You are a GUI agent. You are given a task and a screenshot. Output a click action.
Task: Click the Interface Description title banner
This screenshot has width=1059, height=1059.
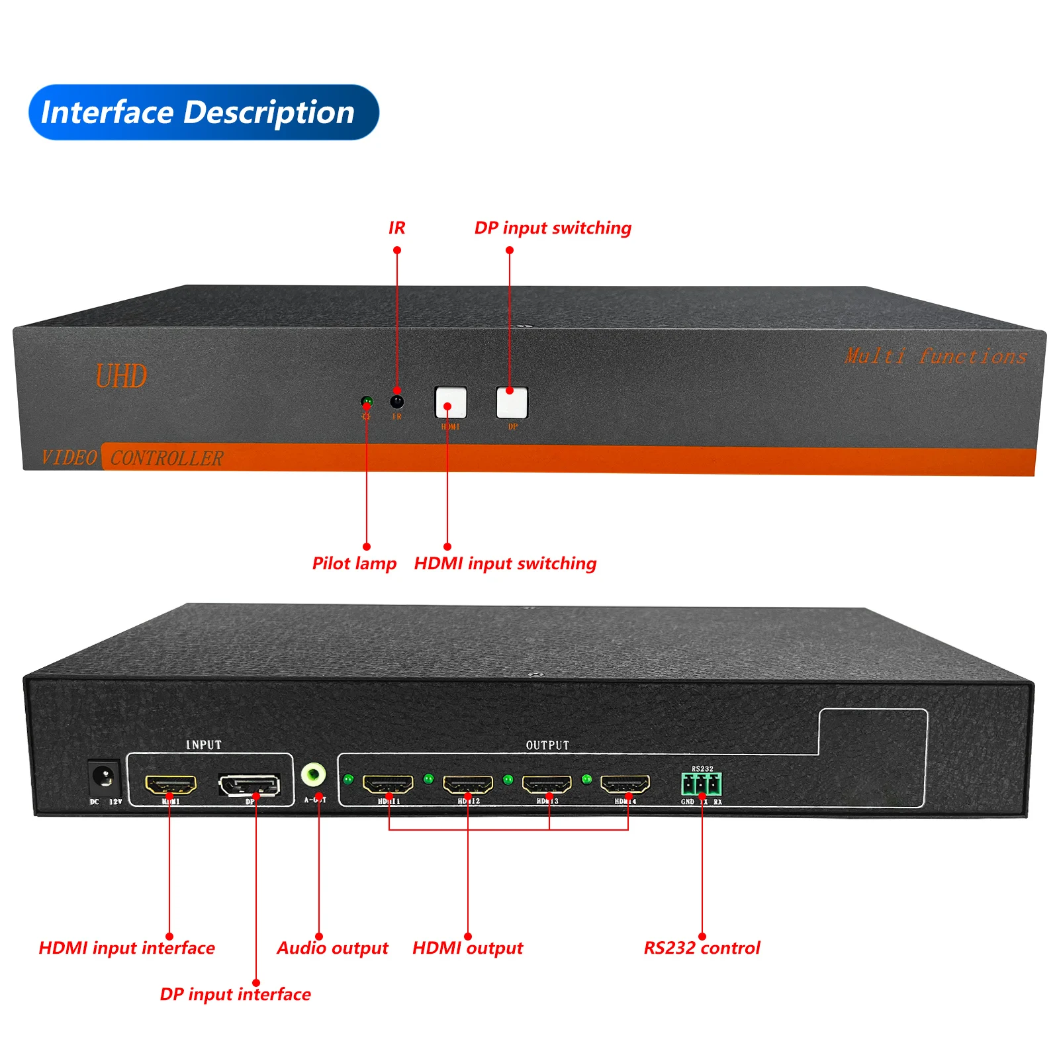203,112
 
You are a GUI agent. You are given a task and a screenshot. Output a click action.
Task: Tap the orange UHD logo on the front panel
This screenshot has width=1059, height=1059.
121,376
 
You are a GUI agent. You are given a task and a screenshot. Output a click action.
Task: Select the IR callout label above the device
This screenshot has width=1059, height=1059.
396,228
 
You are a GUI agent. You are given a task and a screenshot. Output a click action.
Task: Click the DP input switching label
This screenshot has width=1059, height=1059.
553,228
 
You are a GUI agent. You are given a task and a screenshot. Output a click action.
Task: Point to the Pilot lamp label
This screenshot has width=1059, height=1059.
354,563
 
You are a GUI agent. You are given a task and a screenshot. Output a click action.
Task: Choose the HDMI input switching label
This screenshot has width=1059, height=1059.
505,563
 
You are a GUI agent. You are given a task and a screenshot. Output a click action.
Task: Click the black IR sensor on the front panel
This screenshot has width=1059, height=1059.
397,402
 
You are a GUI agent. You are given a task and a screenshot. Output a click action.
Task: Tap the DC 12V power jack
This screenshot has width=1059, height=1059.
103,777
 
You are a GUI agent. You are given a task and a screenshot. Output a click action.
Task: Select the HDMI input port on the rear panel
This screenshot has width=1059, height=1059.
171,785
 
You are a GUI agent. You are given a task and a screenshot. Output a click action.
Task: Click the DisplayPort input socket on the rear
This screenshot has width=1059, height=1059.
250,785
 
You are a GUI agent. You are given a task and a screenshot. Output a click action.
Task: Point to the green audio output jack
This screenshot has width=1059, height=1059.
313,774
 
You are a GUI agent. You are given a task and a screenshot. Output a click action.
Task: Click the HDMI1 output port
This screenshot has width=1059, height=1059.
389,784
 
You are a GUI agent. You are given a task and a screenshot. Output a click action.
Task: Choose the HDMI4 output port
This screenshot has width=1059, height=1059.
625,784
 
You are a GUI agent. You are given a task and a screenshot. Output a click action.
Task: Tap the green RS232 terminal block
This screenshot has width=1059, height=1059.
702,784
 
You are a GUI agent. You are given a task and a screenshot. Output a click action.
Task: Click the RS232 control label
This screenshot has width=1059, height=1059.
702,948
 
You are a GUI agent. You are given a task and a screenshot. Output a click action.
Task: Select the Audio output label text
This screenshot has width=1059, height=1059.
332,948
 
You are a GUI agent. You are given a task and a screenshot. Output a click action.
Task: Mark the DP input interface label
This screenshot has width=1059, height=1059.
235,994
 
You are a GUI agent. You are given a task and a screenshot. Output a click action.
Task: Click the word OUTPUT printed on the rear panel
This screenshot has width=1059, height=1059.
547,745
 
